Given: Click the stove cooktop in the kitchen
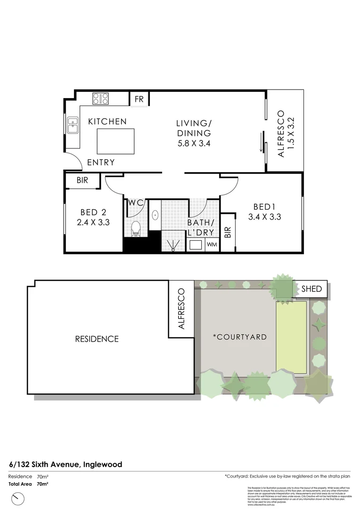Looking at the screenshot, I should click(x=100, y=99).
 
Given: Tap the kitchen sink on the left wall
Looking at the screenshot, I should click(x=73, y=126).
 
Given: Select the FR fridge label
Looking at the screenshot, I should click(x=139, y=99).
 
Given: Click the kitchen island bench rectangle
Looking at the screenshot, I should click(x=115, y=141).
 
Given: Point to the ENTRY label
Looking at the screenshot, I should click(x=101, y=163).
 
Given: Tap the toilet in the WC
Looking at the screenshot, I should click(x=136, y=228).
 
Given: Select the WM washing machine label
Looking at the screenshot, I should click(x=212, y=245).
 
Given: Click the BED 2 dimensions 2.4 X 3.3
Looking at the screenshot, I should click(x=93, y=222).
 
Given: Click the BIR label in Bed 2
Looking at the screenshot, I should click(x=82, y=181).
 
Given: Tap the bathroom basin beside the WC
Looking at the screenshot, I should click(x=155, y=215).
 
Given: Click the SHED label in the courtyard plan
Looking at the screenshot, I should click(x=311, y=289).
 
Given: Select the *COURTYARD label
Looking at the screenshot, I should click(x=239, y=337).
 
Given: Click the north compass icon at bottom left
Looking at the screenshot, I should click(x=17, y=497).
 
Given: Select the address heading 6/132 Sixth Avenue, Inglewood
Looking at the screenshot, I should click(x=65, y=464).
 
